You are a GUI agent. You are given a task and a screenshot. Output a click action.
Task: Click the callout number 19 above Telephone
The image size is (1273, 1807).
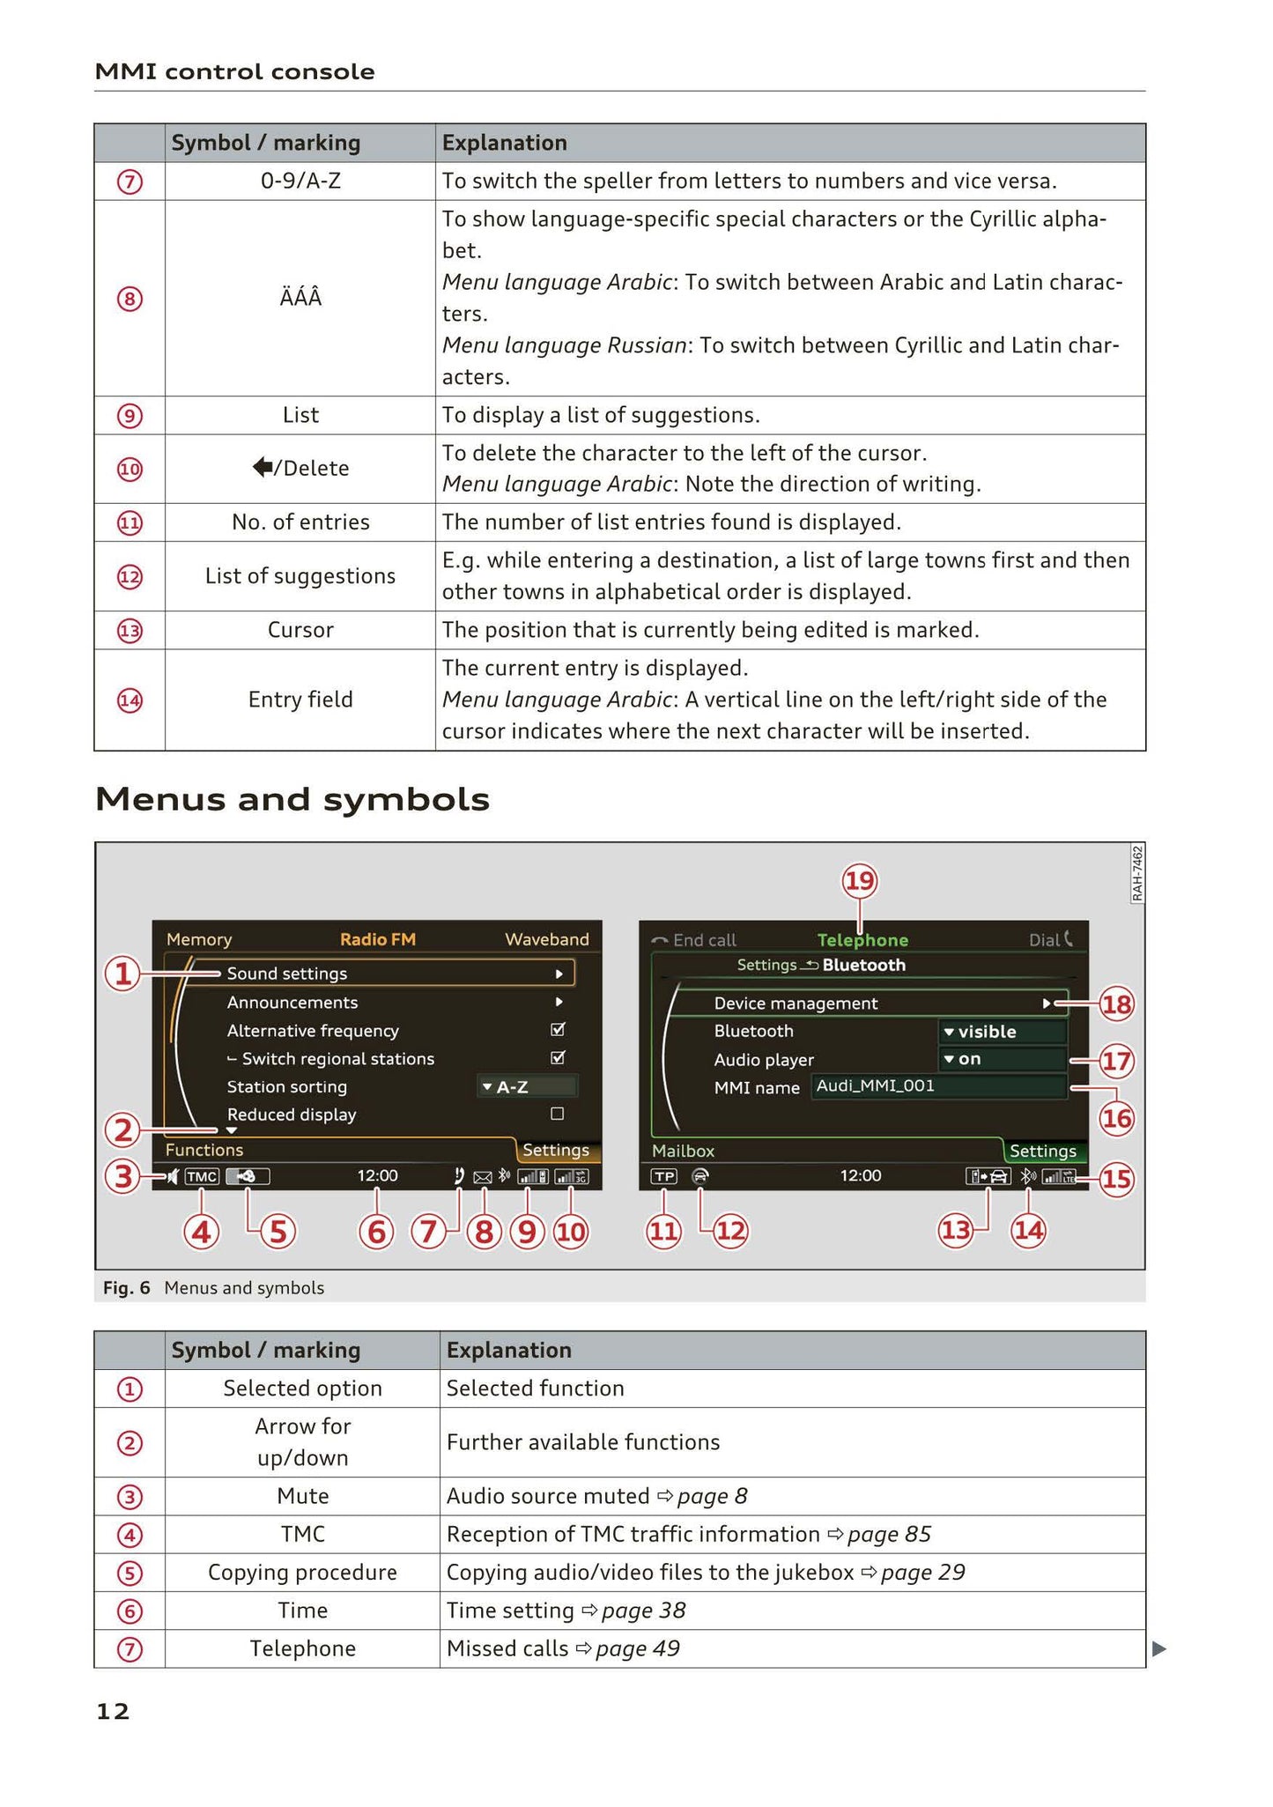pyautogui.click(x=860, y=880)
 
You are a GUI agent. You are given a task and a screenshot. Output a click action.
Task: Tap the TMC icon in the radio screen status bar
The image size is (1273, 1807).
pyautogui.click(x=202, y=1176)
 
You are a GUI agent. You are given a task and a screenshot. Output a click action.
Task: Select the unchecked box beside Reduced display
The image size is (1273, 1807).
pyautogui.click(x=557, y=1114)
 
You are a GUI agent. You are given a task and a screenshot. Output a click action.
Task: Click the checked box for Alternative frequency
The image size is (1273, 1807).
pyautogui.click(x=557, y=1029)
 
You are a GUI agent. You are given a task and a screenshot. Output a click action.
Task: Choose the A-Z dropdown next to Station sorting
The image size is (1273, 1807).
pyautogui.click(x=527, y=1086)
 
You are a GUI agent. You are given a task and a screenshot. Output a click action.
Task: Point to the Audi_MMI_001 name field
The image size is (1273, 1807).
pyautogui.click(x=937, y=1086)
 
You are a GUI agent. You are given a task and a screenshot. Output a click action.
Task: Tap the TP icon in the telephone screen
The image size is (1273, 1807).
pyautogui.click(x=664, y=1176)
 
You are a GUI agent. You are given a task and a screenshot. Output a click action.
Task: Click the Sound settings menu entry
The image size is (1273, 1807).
pyautogui.click(x=287, y=973)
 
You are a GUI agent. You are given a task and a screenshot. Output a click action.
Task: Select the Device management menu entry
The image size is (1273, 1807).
pyautogui.click(x=796, y=1003)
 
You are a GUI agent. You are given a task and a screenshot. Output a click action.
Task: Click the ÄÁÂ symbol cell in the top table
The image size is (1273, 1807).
pyautogui.click(x=300, y=298)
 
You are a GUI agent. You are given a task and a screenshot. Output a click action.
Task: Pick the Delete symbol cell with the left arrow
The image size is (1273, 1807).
pyautogui.click(x=300, y=468)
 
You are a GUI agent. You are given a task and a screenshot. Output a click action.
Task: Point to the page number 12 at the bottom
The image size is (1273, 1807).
pyautogui.click(x=113, y=1711)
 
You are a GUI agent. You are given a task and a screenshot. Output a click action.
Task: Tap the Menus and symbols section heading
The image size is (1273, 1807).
pyautogui.click(x=292, y=799)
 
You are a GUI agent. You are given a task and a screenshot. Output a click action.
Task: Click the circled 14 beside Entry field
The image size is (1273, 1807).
pyautogui.click(x=130, y=700)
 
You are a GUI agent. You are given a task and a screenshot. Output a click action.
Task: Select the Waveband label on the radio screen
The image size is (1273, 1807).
pyautogui.click(x=546, y=939)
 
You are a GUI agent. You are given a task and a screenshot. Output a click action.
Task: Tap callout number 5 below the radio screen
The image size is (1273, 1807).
pyautogui.click(x=278, y=1231)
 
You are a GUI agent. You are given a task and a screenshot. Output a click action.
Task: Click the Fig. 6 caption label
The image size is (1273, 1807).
pyautogui.click(x=126, y=1287)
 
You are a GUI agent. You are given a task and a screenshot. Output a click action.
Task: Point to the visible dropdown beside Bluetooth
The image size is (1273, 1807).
pyautogui.click(x=1001, y=1031)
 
